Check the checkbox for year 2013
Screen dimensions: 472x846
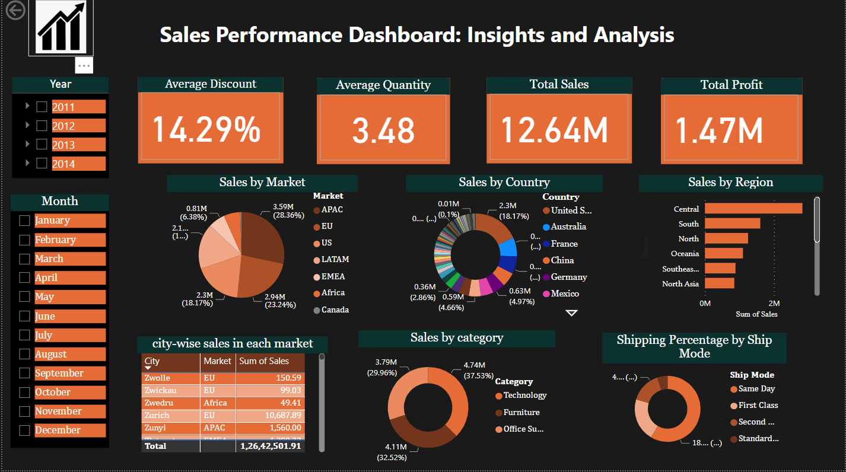pyautogui.click(x=42, y=144)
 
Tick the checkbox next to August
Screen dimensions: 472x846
pyautogui.click(x=24, y=354)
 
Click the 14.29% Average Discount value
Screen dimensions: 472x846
pyautogui.click(x=206, y=129)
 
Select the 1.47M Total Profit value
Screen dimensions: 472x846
pyautogui.click(x=719, y=130)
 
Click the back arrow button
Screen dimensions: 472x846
pyautogui.click(x=15, y=10)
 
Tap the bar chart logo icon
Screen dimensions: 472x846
pyautogui.click(x=61, y=28)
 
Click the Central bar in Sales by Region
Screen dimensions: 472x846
pyautogui.click(x=753, y=209)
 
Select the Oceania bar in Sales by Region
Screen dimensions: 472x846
pyautogui.click(x=723, y=253)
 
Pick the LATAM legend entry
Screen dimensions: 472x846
pyautogui.click(x=335, y=260)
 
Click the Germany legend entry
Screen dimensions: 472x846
pyautogui.click(x=568, y=277)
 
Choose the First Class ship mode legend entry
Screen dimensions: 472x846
pyautogui.click(x=758, y=406)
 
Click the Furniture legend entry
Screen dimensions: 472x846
pyautogui.click(x=521, y=412)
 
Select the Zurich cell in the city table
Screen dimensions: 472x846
pyautogui.click(x=157, y=415)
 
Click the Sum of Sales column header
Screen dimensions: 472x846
pyautogui.click(x=264, y=361)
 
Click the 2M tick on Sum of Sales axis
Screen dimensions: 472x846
pyautogui.click(x=774, y=303)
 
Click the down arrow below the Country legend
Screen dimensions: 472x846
pyautogui.click(x=571, y=312)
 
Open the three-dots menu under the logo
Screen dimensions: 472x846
pyautogui.click(x=84, y=65)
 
